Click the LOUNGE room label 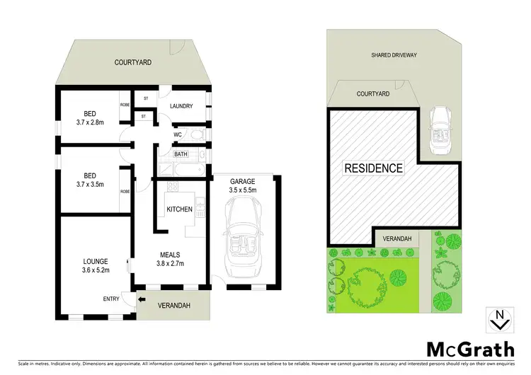[x=94, y=260]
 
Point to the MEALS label [x=170, y=254]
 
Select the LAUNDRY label [x=181, y=107]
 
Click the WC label [x=178, y=134]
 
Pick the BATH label [x=181, y=154]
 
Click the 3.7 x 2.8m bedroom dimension [x=89, y=121]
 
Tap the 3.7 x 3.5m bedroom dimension [x=89, y=184]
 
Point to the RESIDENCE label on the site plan [x=373, y=168]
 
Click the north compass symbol [x=500, y=320]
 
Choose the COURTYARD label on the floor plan [x=133, y=62]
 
